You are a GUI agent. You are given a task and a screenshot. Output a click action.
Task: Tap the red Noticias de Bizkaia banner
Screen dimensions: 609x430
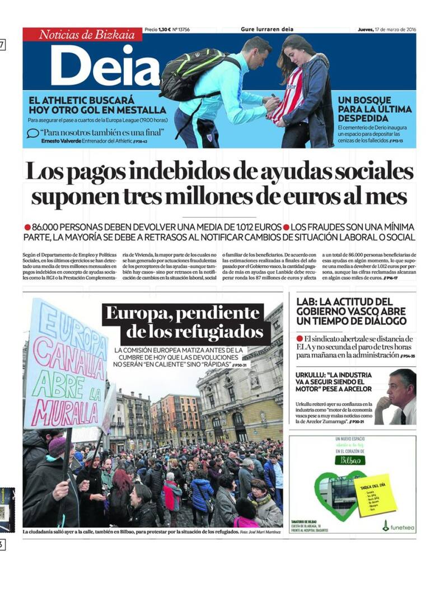coord(82,34)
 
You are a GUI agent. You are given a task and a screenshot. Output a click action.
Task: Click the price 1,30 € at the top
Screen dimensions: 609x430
coord(163,29)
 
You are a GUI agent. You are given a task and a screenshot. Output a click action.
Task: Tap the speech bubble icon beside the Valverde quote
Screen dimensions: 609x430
coord(33,133)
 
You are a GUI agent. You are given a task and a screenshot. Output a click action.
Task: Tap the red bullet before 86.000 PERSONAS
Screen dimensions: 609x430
coord(27,227)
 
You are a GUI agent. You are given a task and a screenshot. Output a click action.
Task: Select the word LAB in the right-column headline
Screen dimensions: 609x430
coord(306,302)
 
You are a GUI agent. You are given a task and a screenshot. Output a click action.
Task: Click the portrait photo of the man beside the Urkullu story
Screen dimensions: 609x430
coord(396,397)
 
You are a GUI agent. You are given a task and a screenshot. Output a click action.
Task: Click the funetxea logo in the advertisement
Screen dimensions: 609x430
coord(399,526)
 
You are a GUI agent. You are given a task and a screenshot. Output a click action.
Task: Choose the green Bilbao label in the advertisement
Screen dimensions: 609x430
coord(350,460)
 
